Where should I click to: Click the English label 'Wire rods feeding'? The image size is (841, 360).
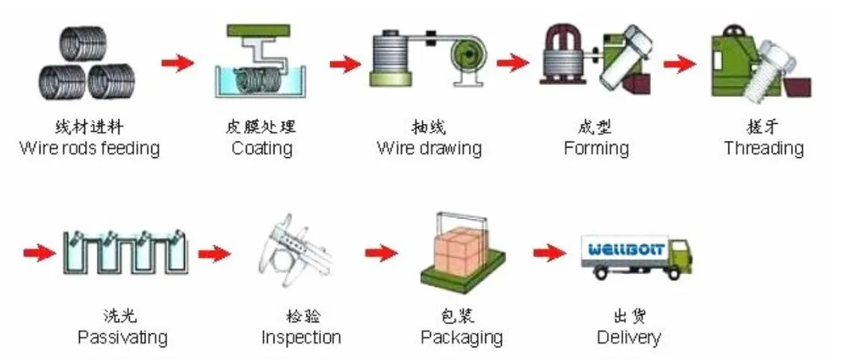(89, 148)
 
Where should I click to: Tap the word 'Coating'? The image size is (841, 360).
(262, 148)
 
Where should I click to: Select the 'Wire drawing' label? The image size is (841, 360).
(429, 148)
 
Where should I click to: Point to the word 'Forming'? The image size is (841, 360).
(596, 148)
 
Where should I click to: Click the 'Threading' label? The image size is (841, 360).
(763, 148)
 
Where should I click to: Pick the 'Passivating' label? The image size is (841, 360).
(122, 337)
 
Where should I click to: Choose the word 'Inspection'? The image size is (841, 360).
(301, 337)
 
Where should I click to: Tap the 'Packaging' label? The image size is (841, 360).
(462, 337)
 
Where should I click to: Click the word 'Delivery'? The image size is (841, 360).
(629, 337)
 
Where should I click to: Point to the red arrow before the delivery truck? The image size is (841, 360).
(549, 252)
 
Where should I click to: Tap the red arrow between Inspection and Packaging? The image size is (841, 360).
(381, 253)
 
